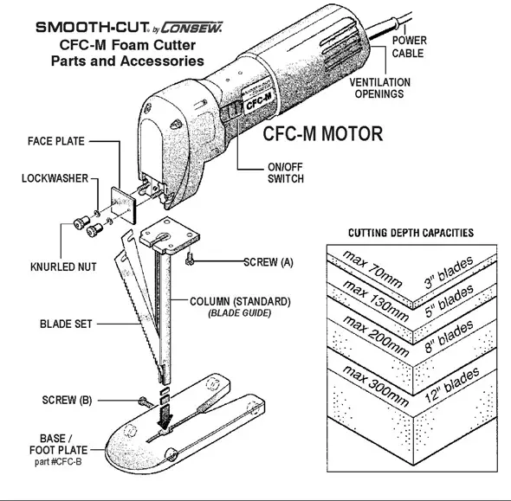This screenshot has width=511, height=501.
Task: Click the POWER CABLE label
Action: tap(409, 46)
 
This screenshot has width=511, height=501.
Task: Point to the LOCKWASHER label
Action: tap(55, 178)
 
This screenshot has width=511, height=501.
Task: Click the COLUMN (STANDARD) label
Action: tap(240, 301)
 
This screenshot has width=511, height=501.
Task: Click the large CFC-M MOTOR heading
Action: tap(323, 136)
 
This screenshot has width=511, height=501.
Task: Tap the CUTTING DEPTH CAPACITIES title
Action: tap(410, 233)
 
